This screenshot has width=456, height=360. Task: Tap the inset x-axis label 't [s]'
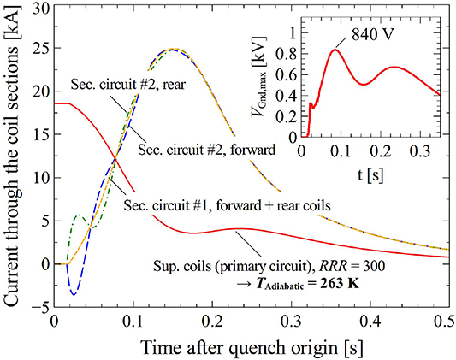coord(370,168)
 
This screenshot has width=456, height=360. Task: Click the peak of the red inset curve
coord(335,50)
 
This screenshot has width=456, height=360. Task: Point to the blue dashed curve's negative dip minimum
coord(74,294)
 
